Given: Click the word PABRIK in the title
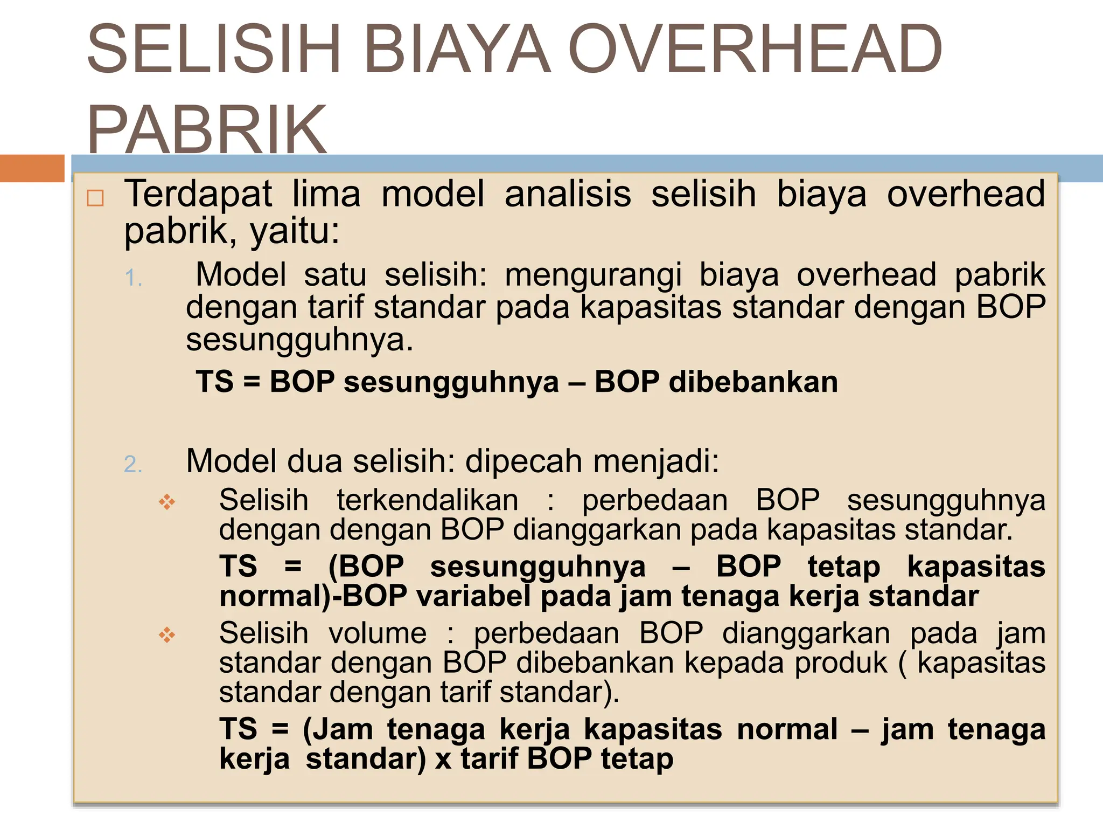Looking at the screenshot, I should [207, 129].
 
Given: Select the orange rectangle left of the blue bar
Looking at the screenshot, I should [32, 168].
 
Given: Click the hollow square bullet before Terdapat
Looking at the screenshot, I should [95, 198].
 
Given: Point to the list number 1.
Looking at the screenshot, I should [133, 279].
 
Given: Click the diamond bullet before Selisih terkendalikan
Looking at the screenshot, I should [167, 502].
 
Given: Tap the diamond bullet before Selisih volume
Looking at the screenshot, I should [167, 635].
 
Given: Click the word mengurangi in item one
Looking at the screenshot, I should [593, 275].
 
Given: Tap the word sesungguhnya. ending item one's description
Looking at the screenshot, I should [299, 340].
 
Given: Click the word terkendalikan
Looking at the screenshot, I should [427, 500].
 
